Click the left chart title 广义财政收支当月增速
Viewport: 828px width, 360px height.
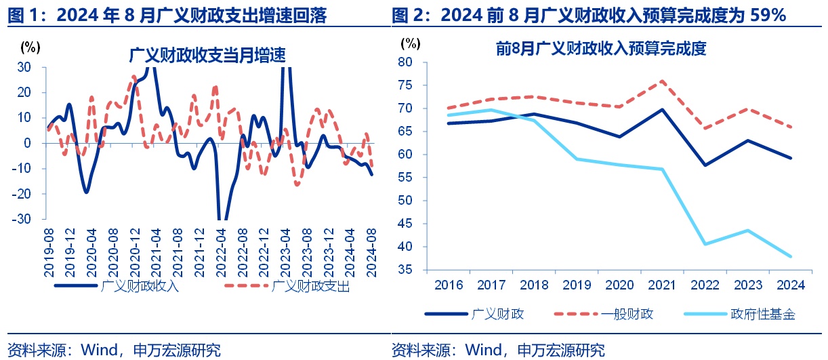click(x=208, y=55)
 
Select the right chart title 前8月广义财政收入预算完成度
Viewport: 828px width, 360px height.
click(x=601, y=49)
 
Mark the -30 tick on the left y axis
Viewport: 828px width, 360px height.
click(x=23, y=219)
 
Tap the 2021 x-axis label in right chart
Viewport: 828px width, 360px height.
click(x=661, y=285)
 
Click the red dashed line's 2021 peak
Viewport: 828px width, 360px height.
click(x=661, y=81)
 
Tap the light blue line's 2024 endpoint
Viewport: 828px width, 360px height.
click(x=790, y=256)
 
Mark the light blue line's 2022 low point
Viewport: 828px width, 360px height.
click(x=704, y=244)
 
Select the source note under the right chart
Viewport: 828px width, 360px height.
click(x=498, y=350)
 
